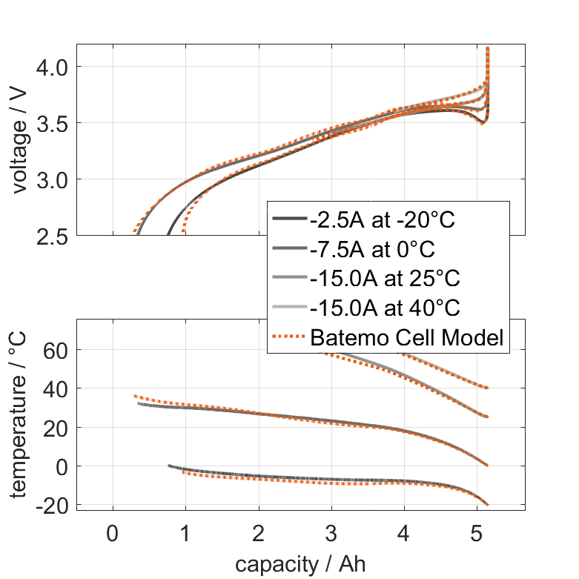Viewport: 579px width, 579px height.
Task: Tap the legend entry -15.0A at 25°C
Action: [x=386, y=279]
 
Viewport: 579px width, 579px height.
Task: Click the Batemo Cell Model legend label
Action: [x=407, y=337]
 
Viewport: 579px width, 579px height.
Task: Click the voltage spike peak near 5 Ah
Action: [x=487, y=49]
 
